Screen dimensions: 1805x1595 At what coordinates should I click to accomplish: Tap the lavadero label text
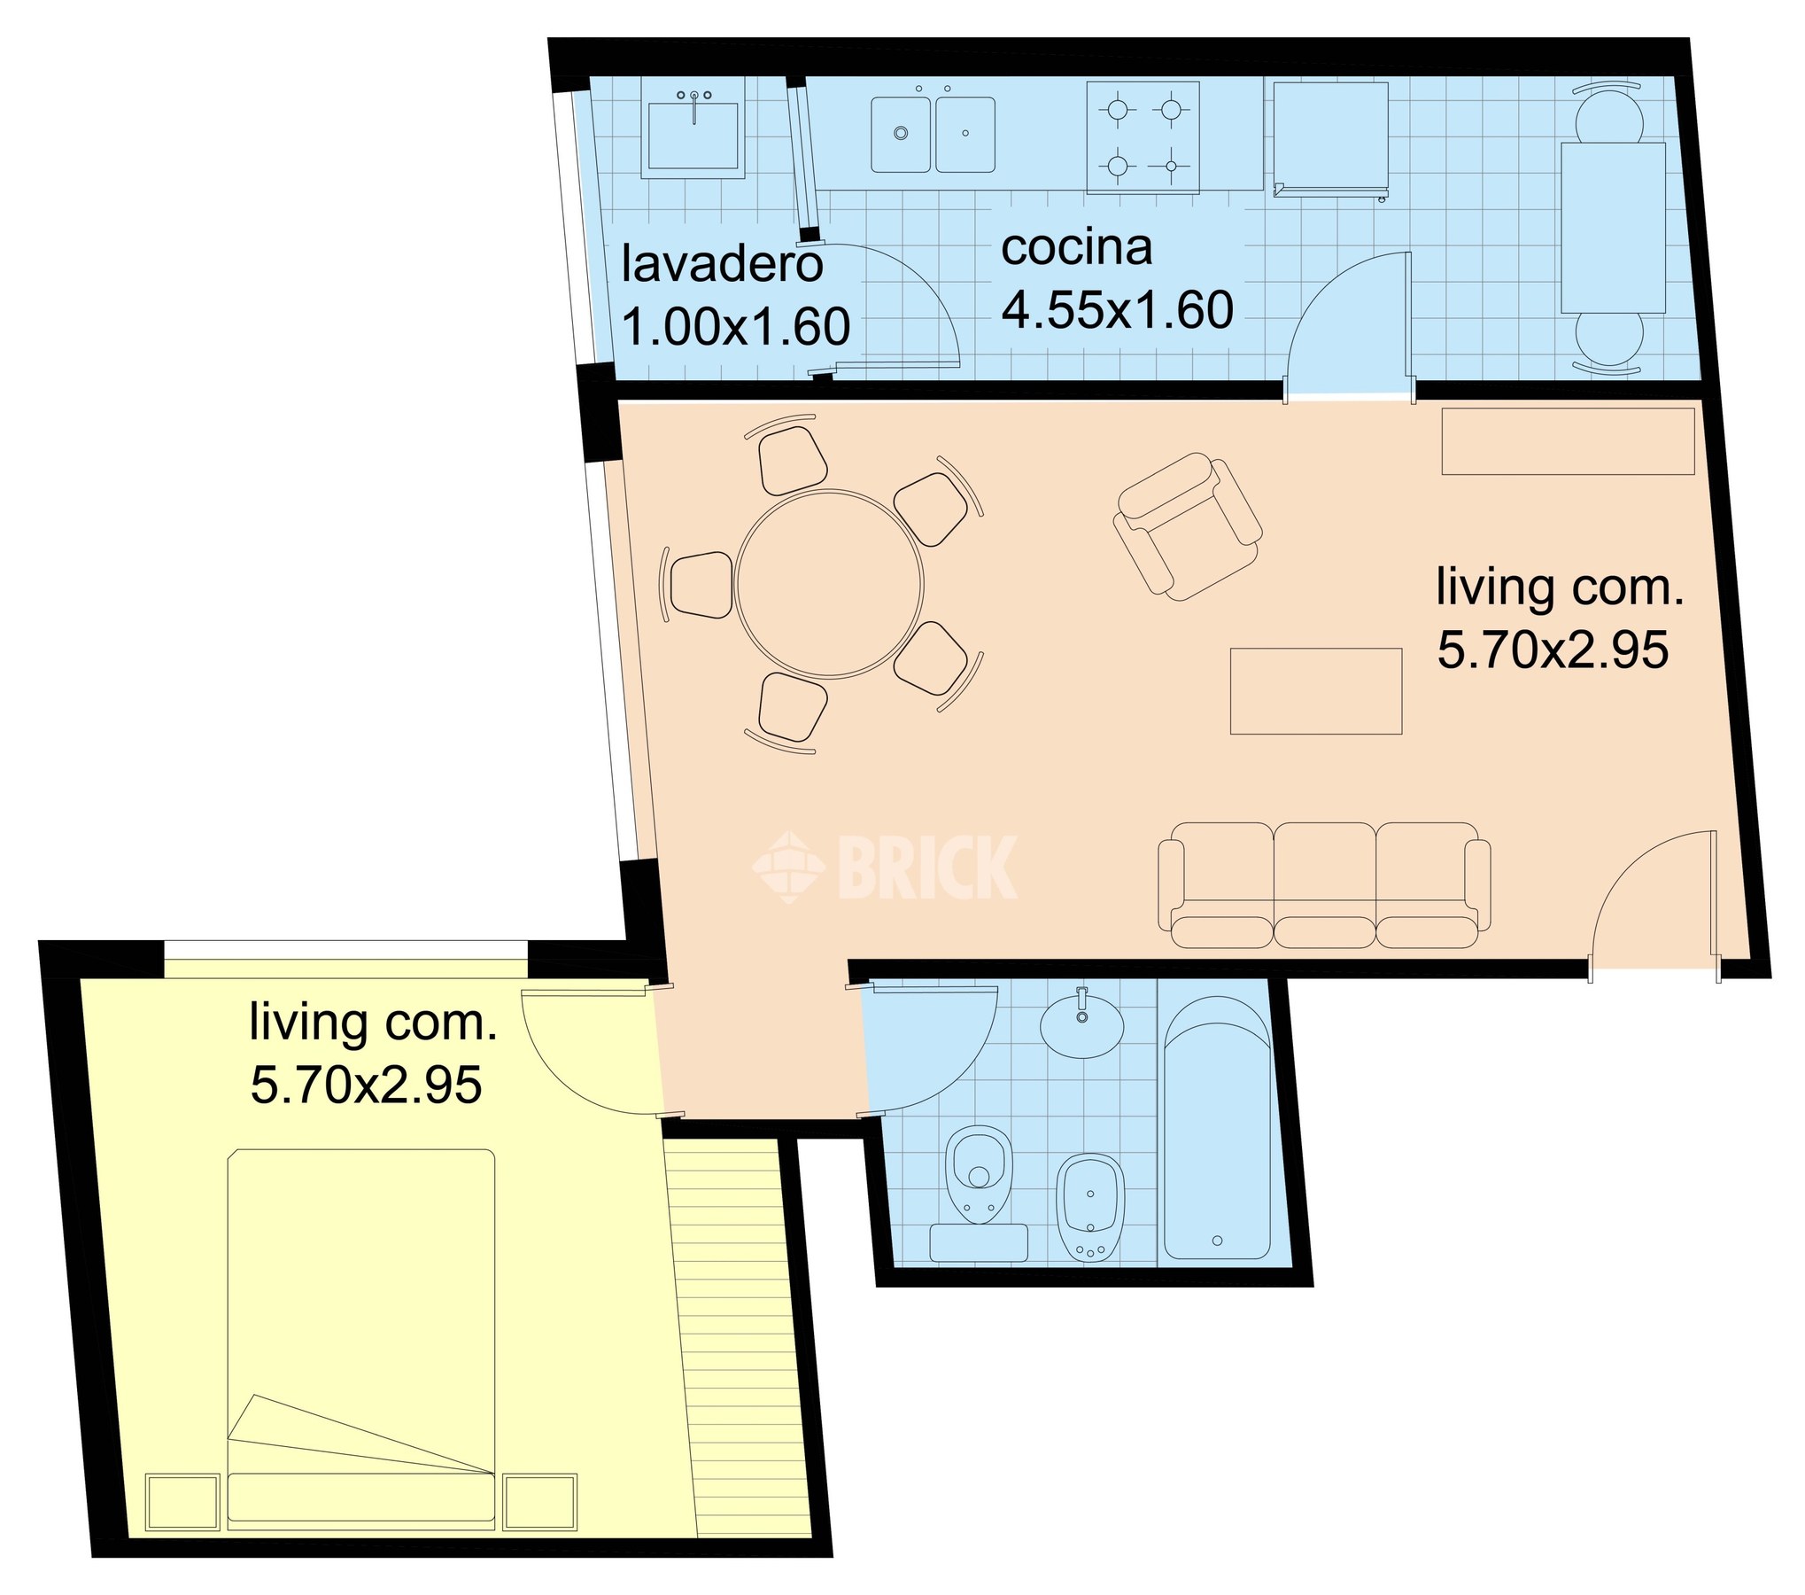(722, 264)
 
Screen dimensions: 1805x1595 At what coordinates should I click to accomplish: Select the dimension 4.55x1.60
(1117, 309)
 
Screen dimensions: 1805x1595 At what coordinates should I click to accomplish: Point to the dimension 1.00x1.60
(736, 327)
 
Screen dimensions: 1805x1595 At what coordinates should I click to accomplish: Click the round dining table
(829, 584)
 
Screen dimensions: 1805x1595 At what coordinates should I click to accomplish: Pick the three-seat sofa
(1324, 886)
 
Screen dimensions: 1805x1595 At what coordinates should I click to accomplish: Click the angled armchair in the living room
(1188, 526)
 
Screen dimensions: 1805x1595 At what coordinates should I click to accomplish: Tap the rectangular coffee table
(1316, 691)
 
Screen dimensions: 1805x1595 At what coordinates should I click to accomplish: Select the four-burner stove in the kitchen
(1143, 137)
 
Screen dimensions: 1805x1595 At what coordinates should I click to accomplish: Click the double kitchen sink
(933, 135)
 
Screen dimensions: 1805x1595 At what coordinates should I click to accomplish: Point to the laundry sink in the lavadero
(693, 134)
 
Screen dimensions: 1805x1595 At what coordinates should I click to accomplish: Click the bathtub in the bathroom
(1217, 1127)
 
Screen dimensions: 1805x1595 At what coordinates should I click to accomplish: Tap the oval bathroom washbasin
(1081, 1025)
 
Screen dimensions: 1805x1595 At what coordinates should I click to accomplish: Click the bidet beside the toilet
(1090, 1207)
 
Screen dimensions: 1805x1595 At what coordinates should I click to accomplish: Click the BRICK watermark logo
(885, 868)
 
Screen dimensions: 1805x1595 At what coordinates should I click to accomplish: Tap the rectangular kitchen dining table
(1613, 228)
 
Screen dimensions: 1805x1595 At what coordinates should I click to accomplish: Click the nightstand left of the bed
(182, 1502)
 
